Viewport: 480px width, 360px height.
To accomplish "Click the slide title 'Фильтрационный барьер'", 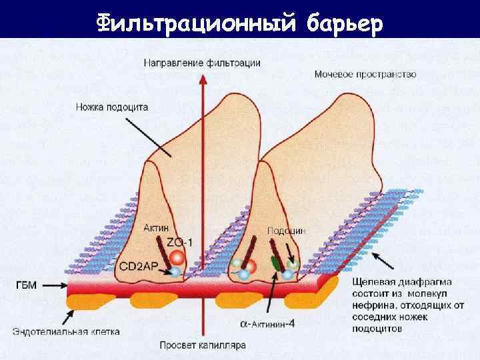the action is click(x=240, y=23).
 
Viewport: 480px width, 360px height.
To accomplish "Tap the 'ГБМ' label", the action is click(x=27, y=285).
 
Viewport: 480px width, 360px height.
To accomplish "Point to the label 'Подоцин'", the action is click(x=286, y=230).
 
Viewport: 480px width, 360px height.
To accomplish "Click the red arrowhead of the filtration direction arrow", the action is click(x=201, y=79).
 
